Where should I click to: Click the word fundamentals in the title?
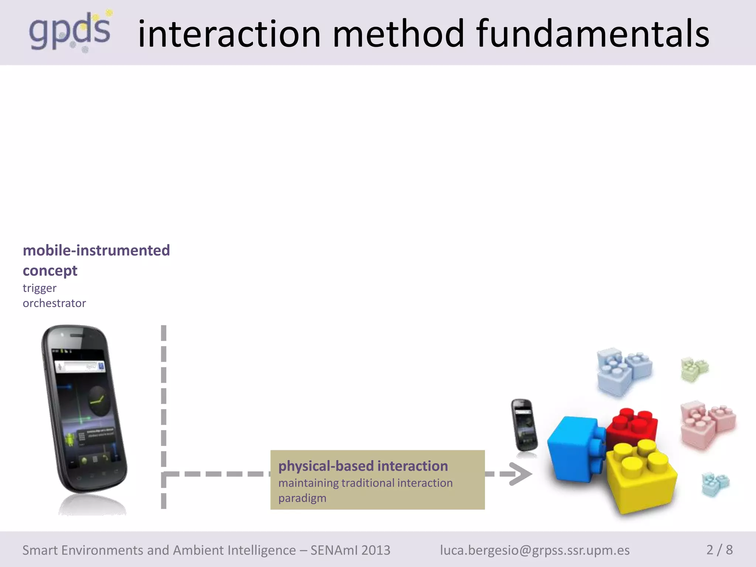tap(592, 34)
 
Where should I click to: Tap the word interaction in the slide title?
tap(229, 34)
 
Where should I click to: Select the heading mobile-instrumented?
tap(96, 250)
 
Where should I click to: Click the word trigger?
tap(39, 288)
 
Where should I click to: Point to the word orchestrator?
tap(54, 303)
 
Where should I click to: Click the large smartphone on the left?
tap(84, 410)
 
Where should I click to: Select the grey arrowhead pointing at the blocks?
tap(520, 474)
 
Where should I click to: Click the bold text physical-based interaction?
tap(363, 466)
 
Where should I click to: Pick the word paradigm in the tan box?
tap(302, 498)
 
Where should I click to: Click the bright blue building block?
tap(574, 449)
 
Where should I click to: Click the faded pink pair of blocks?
tap(707, 425)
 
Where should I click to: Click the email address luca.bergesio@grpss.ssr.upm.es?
tap(535, 550)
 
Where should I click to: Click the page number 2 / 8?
tap(719, 550)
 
